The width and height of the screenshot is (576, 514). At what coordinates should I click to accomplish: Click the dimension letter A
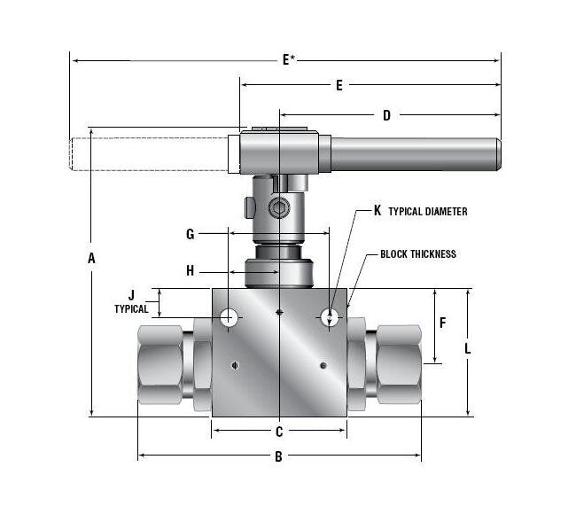pos(91,258)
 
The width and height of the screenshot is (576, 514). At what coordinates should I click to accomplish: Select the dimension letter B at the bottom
pos(278,457)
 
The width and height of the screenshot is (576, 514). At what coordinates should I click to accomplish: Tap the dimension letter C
pos(278,432)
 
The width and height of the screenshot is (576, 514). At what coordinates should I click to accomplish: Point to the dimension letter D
pos(386,114)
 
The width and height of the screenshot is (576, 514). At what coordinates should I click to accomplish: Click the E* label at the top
pos(289,60)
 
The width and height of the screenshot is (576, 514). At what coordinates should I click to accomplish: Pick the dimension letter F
pos(442,323)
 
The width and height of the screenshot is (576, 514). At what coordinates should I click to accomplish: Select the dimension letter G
pos(190,234)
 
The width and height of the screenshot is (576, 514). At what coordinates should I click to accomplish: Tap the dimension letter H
pos(190,271)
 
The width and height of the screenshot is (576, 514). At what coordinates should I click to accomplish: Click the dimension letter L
pos(468,349)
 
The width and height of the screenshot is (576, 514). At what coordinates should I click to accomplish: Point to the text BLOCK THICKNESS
pos(418,254)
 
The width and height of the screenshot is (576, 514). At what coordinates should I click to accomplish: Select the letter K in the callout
pos(378,211)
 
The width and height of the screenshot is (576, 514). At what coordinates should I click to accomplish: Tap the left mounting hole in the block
pos(230,316)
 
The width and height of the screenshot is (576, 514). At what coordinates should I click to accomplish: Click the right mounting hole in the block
pos(329,315)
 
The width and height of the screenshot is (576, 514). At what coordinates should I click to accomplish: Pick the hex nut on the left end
pos(160,365)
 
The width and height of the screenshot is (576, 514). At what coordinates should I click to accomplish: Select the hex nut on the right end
pos(399,365)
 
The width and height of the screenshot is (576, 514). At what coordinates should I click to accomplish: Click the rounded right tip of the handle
pos(497,154)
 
